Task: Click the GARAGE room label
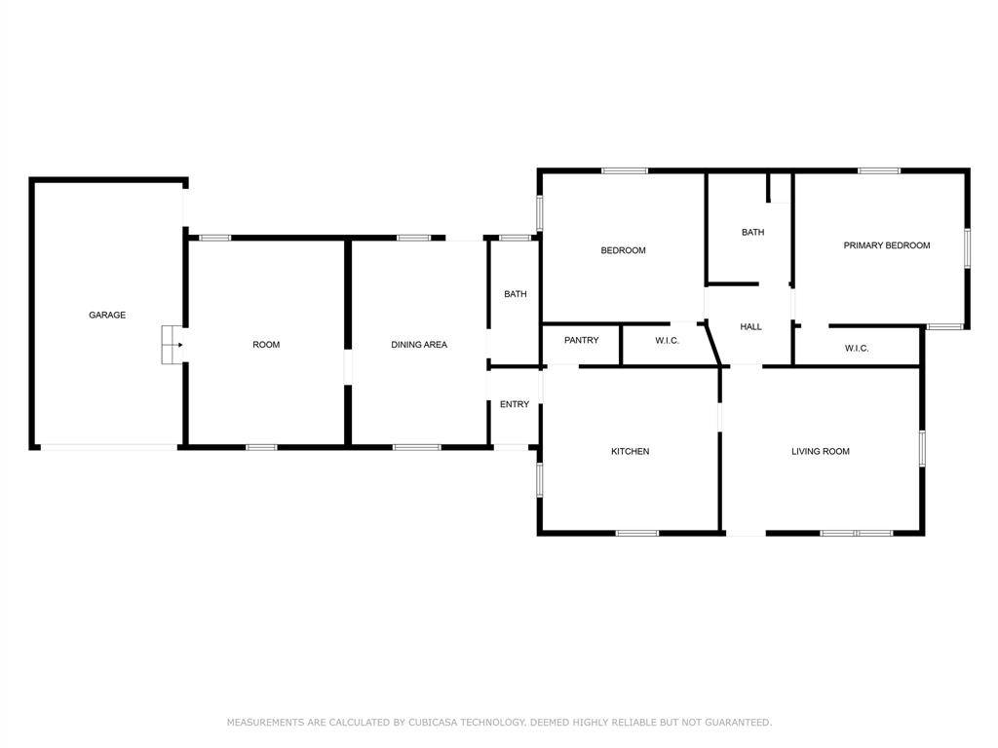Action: click(107, 315)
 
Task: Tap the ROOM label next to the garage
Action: click(266, 345)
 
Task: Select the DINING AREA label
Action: click(419, 345)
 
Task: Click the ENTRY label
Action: click(515, 404)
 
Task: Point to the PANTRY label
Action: click(581, 340)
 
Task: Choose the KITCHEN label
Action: click(630, 451)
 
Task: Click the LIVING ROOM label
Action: click(820, 451)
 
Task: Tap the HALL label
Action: click(750, 327)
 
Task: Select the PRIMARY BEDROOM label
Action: click(886, 245)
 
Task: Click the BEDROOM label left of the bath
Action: click(623, 250)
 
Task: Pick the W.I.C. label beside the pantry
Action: click(667, 340)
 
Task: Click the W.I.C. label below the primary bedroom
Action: click(857, 348)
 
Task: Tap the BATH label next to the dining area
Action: click(515, 294)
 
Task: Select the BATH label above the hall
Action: click(752, 232)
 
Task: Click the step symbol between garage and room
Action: click(172, 345)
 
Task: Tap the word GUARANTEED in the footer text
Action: click(738, 723)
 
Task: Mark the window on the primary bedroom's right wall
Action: click(968, 247)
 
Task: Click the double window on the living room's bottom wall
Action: click(857, 533)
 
